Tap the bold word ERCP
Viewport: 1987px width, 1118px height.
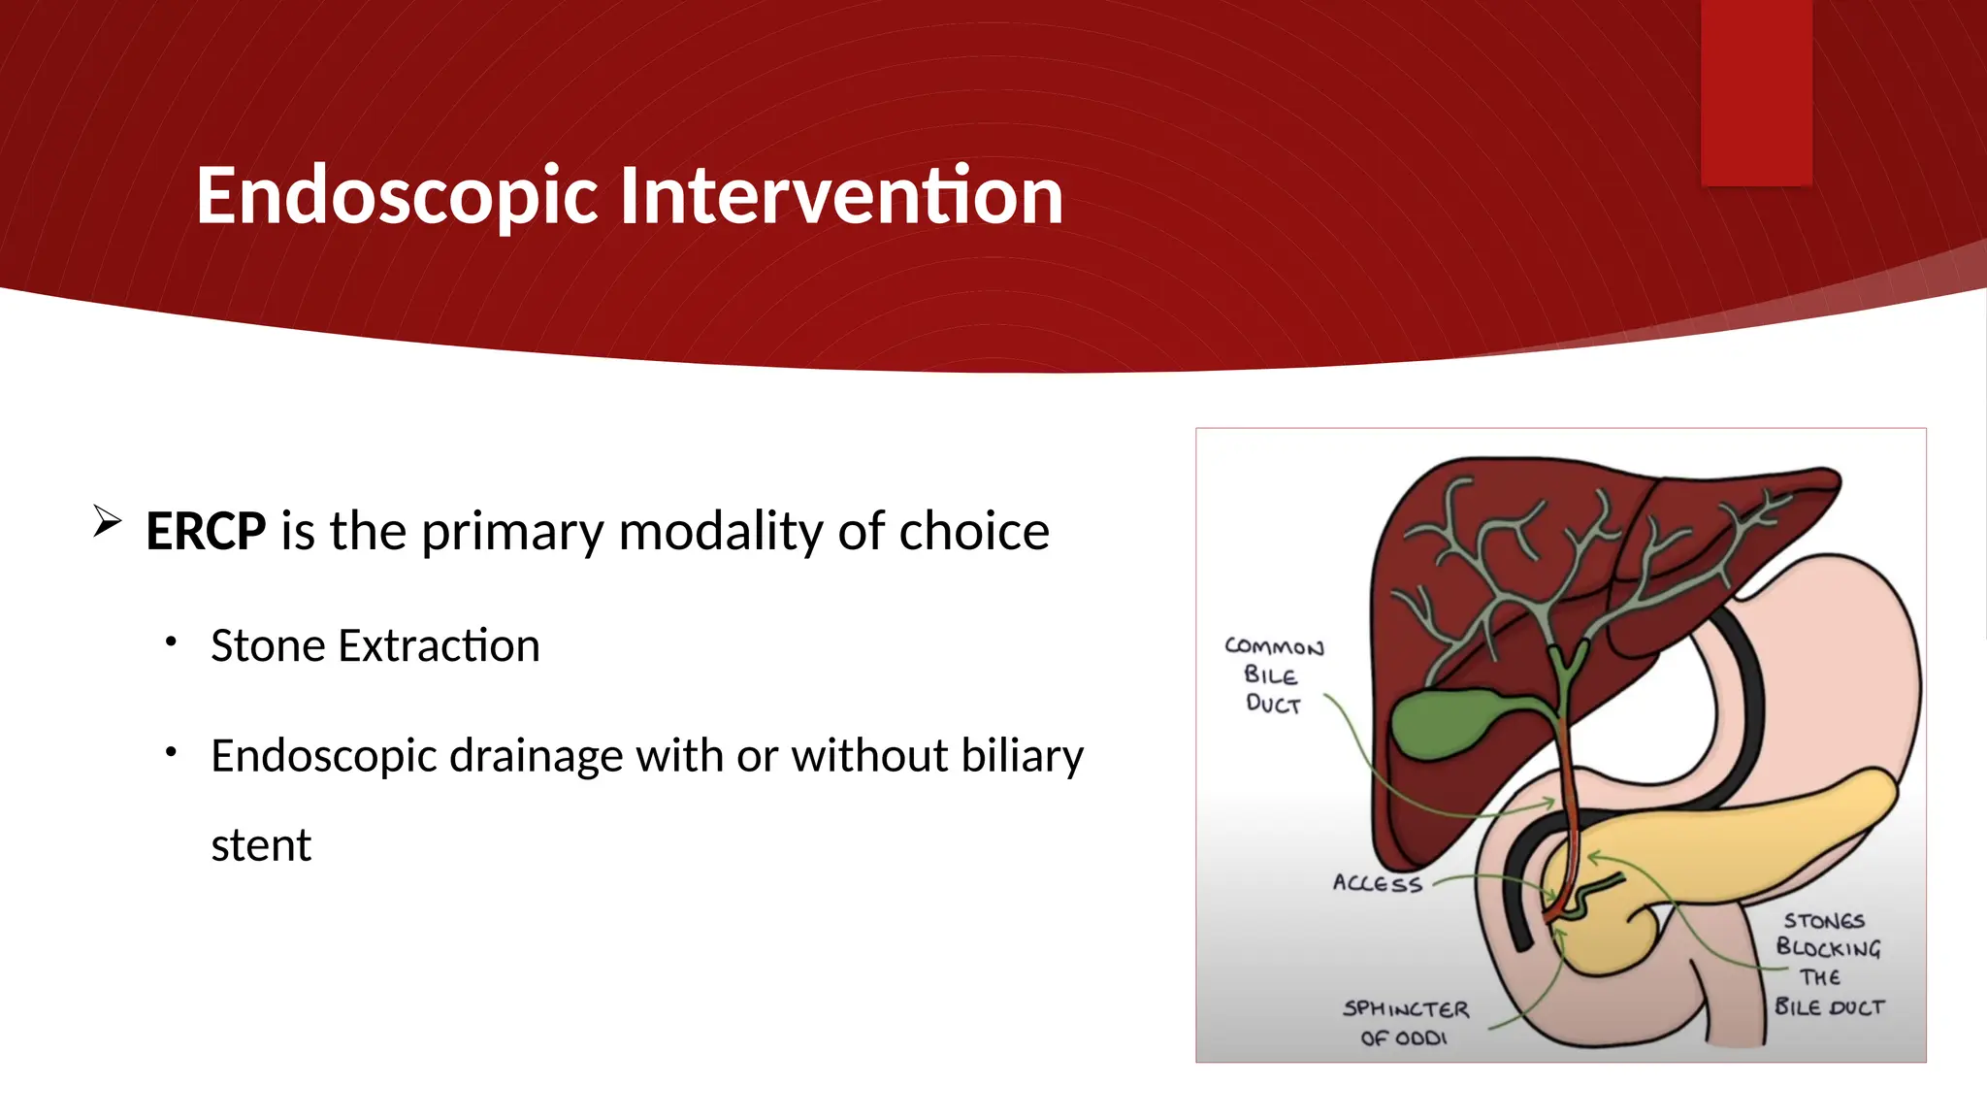[206, 532]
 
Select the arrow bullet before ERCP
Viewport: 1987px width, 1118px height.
[107, 521]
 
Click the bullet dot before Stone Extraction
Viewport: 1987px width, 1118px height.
[171, 641]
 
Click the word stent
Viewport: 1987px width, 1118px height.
[261, 845]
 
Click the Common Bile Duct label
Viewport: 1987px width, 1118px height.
[1273, 675]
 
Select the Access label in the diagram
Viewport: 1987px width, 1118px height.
[1377, 883]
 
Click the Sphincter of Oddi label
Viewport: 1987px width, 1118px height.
[1405, 1023]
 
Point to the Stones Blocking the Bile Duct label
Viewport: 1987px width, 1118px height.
[1829, 963]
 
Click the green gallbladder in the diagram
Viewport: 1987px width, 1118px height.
[1436, 723]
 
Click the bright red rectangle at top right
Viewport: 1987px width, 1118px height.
[1756, 92]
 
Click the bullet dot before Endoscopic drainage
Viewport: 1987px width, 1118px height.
[171, 752]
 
